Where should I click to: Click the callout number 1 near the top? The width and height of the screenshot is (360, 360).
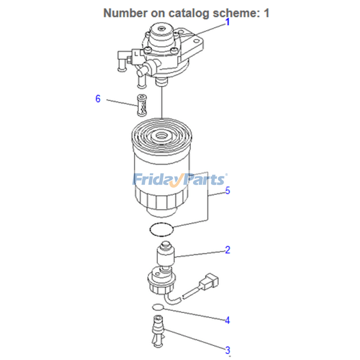click(228, 22)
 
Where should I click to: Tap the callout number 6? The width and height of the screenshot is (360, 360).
click(98, 99)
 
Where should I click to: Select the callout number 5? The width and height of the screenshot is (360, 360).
click(228, 191)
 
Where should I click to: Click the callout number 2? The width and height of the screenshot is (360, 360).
click(228, 250)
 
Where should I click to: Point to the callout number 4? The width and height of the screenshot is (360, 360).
click(228, 320)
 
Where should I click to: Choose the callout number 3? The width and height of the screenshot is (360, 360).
click(228, 350)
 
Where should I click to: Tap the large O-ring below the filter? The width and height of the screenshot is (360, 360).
click(161, 229)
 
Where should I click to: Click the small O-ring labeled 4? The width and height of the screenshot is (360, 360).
click(157, 307)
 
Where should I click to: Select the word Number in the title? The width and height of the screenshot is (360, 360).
click(124, 13)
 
